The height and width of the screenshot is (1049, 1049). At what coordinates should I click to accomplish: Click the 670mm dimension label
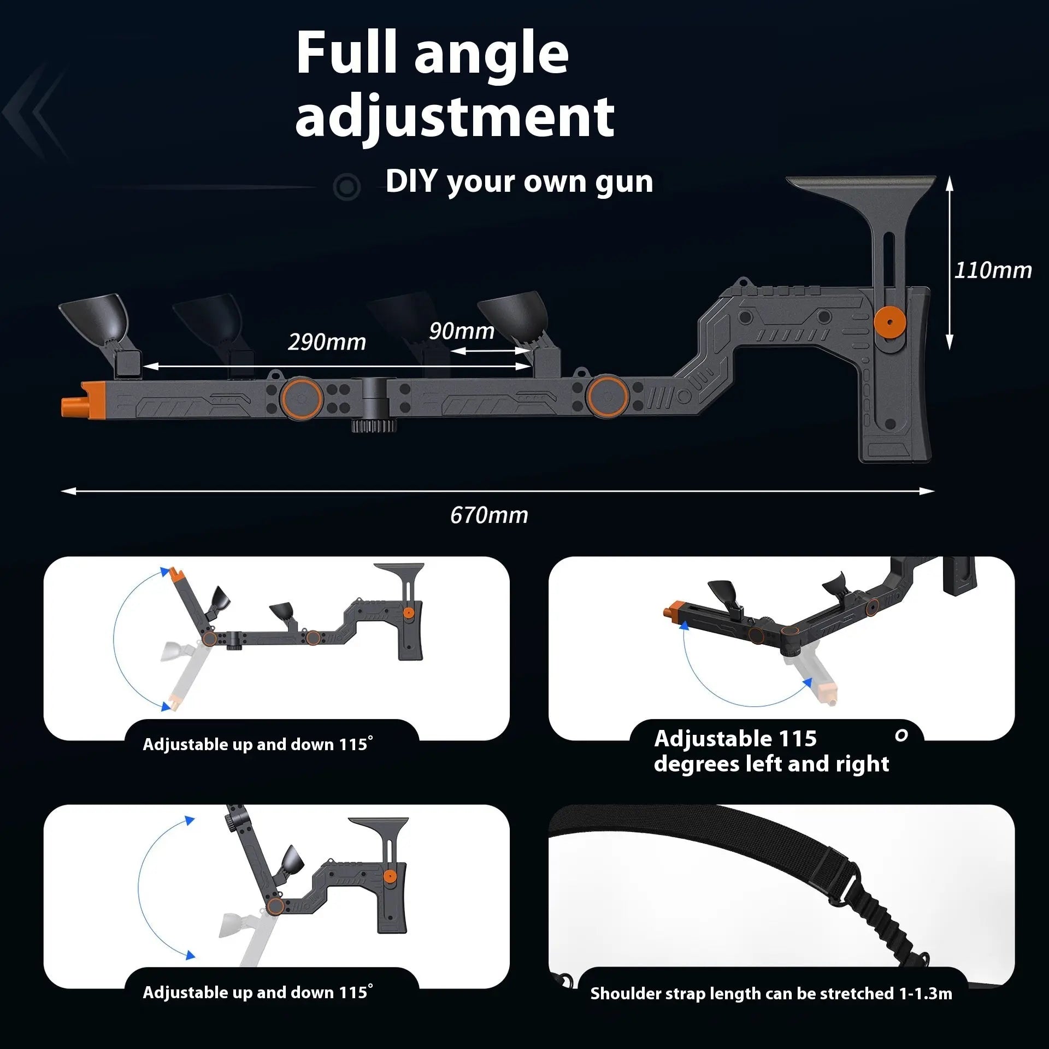[489, 515]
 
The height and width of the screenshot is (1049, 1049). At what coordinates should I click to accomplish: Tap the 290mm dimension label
[327, 342]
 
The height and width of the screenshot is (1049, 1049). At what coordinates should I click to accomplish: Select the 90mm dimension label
[462, 331]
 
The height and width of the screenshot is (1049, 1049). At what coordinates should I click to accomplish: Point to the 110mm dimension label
[993, 270]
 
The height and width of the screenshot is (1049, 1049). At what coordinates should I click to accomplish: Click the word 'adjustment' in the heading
[455, 116]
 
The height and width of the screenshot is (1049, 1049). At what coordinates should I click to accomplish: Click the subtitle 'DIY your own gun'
[519, 181]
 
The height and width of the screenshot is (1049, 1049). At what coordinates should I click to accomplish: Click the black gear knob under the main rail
[374, 425]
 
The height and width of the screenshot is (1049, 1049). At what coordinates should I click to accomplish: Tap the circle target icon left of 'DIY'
[346, 187]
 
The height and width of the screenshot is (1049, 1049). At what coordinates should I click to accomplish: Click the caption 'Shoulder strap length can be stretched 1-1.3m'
[771, 993]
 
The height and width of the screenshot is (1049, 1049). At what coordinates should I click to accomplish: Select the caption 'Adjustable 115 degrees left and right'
[771, 751]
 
